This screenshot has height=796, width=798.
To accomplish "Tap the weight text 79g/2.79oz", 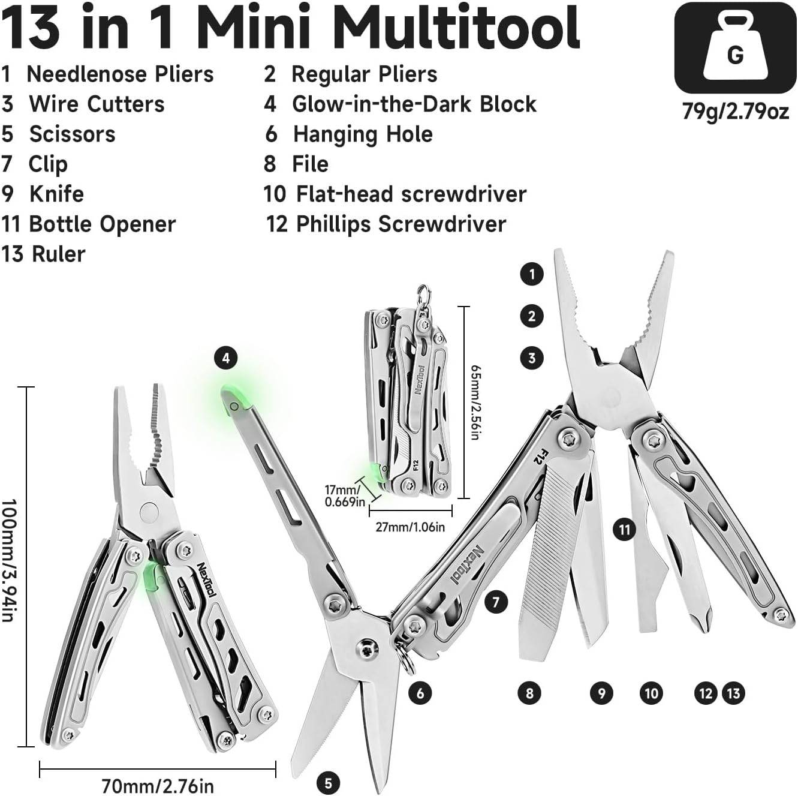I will pyautogui.click(x=735, y=111).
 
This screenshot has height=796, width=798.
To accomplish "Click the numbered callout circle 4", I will pyautogui.click(x=225, y=359).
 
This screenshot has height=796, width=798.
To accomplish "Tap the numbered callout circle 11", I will pyautogui.click(x=625, y=529).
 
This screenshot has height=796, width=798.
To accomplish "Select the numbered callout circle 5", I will pyautogui.click(x=328, y=782).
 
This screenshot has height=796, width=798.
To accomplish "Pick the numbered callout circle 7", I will pyautogui.click(x=495, y=601).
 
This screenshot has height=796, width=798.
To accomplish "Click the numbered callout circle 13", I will pyautogui.click(x=733, y=693).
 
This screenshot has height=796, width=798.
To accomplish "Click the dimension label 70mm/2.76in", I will pyautogui.click(x=157, y=785).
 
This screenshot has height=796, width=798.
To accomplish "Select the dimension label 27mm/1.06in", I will pyautogui.click(x=410, y=527).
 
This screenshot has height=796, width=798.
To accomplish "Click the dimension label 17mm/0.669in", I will pyautogui.click(x=344, y=495).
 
